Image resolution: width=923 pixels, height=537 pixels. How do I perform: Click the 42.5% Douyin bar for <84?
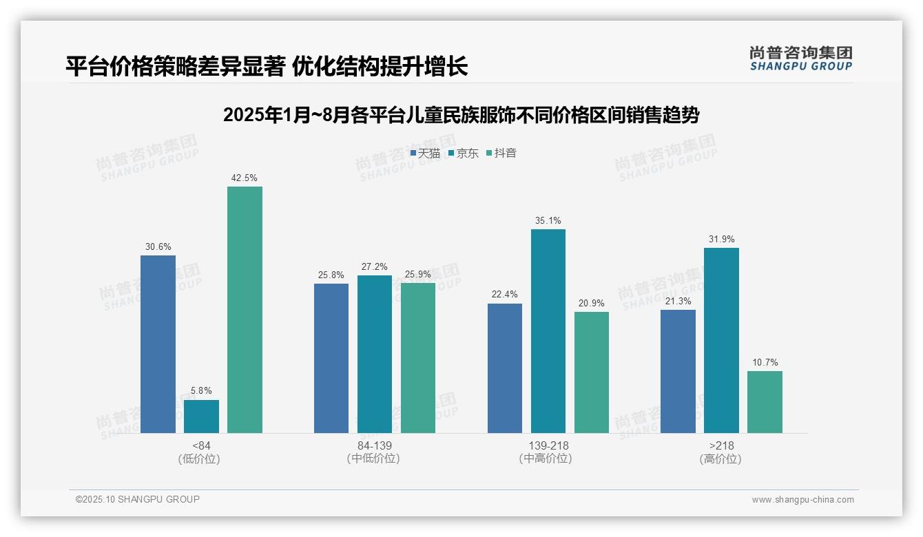point(245,310)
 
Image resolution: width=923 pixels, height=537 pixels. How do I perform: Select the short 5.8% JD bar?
point(201,417)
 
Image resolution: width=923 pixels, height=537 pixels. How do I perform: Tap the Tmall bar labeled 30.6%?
point(158,344)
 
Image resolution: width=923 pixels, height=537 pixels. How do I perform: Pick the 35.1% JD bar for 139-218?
point(548,331)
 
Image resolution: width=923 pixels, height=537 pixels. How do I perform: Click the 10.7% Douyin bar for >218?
point(765,402)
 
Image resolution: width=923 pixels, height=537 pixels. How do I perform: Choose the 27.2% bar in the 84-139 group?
point(375,354)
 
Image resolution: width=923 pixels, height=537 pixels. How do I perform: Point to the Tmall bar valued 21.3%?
point(678,371)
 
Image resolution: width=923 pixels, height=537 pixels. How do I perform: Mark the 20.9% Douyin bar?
point(592,372)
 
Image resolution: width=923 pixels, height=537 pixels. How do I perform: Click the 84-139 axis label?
point(375,445)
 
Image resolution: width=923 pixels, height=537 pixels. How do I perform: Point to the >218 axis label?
point(721,445)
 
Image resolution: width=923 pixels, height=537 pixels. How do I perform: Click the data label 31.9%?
point(721,240)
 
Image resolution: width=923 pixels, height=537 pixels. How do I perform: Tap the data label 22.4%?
point(505,295)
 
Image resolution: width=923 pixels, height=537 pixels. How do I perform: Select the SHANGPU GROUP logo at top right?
point(800,59)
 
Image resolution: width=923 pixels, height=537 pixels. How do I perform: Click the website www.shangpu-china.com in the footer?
point(802,500)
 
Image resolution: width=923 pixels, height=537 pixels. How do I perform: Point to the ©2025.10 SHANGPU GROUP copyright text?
point(138,499)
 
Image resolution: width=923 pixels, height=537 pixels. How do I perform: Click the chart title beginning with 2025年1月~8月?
point(461,115)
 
